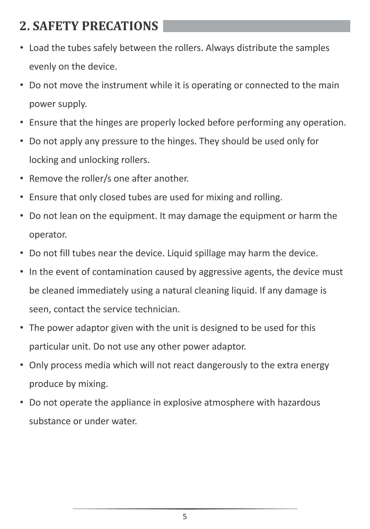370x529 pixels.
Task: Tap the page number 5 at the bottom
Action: pos(185,517)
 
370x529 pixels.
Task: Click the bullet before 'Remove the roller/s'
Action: pos(22,178)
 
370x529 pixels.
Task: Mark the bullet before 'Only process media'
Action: pos(22,365)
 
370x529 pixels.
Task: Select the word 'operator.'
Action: pos(48,235)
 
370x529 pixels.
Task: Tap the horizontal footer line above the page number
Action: pos(185,508)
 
